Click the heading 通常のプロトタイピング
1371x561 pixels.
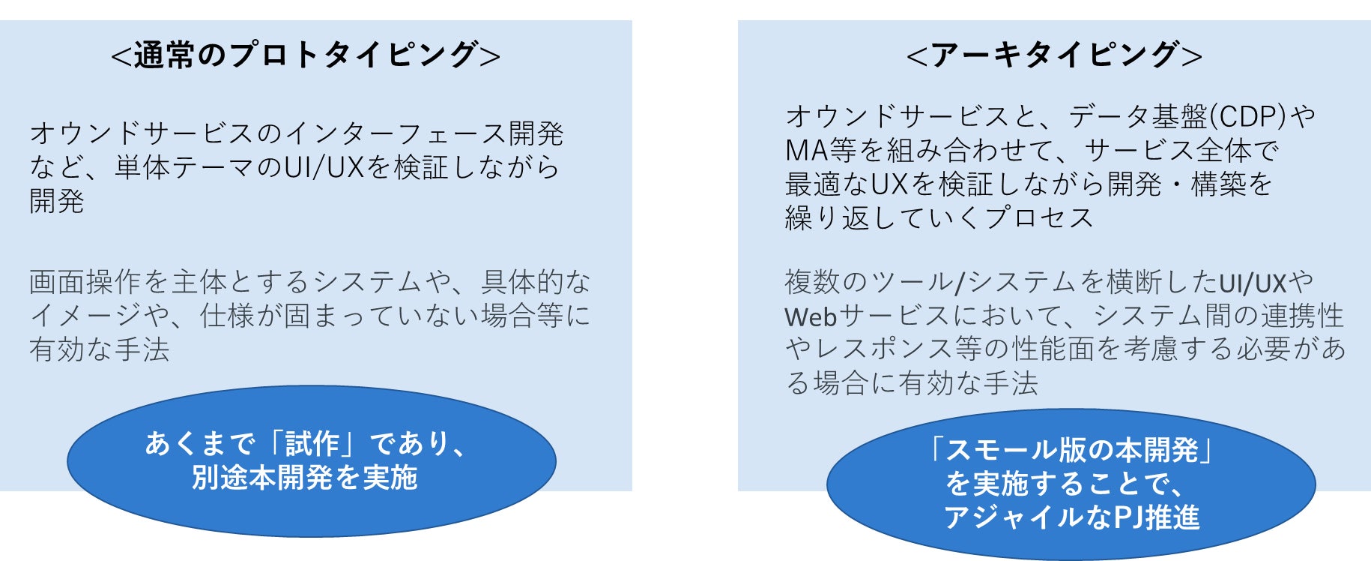click(306, 55)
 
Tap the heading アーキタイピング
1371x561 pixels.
click(1054, 55)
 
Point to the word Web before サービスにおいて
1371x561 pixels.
click(811, 316)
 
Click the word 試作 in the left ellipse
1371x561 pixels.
click(312, 444)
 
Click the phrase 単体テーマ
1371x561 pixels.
click(185, 167)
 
